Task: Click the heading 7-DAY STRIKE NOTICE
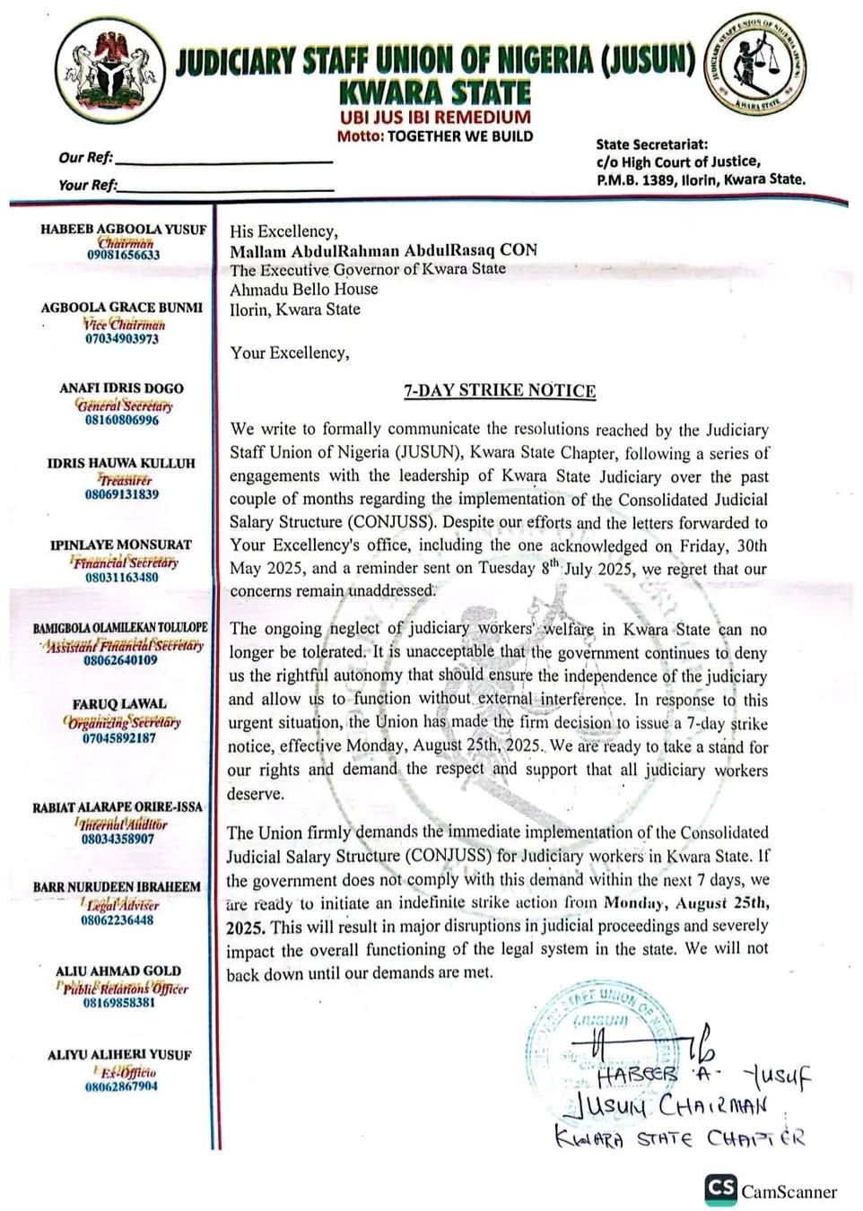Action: (500, 390)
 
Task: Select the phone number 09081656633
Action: (124, 255)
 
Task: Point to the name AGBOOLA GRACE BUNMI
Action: (122, 308)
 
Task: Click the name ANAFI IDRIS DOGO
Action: (121, 388)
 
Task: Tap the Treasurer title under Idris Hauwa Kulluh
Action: (125, 480)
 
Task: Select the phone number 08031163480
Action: (122, 578)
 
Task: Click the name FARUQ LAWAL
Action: (119, 704)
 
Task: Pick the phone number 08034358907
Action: (118, 839)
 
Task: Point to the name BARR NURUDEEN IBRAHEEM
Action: (117, 887)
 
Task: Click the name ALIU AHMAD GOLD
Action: (118, 971)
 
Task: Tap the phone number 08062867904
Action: (121, 1086)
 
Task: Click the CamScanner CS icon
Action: (721, 1189)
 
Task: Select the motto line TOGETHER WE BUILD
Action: (435, 136)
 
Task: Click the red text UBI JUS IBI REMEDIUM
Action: (435, 118)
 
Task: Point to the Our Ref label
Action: (86, 158)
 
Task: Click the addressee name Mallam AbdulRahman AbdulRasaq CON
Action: (383, 250)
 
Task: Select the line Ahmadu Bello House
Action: (304, 289)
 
